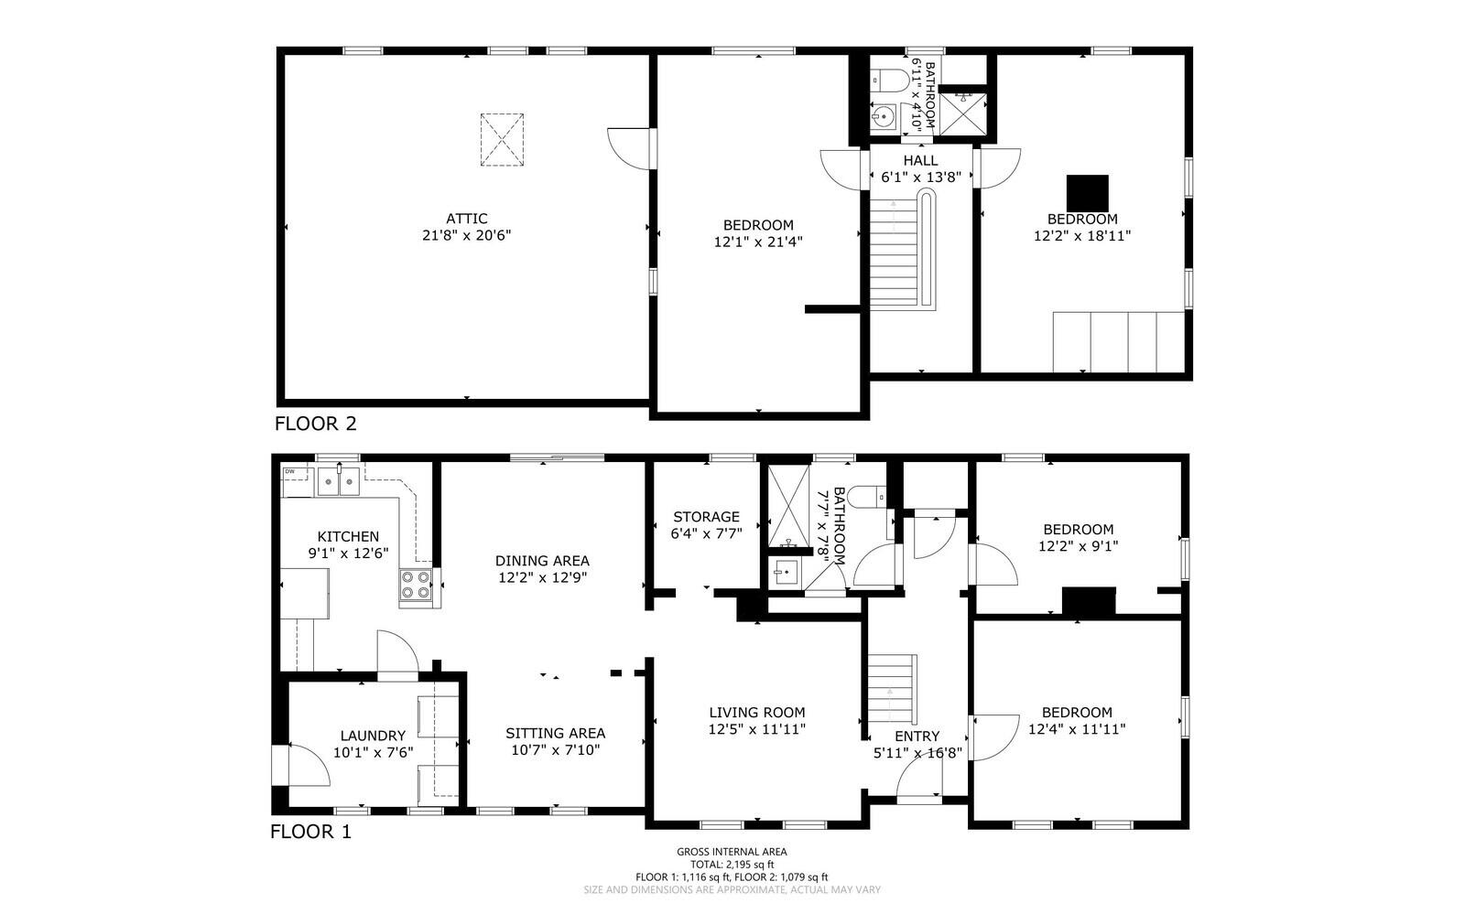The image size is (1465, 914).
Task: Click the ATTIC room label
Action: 466,219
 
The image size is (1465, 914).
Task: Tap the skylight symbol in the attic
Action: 502,140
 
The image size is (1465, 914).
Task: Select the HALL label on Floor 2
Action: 920,160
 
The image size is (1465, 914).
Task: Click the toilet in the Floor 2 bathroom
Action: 889,81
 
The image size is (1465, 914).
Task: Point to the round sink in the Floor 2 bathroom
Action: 883,117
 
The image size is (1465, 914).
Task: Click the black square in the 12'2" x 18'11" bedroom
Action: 1087,193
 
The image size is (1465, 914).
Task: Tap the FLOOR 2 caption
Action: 315,424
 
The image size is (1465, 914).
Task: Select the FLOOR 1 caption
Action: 310,832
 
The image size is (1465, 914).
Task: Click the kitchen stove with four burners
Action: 416,585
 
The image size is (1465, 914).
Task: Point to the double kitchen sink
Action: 338,481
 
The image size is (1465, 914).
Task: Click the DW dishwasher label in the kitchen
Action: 289,471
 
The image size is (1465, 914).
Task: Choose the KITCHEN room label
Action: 348,536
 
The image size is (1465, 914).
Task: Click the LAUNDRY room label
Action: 373,736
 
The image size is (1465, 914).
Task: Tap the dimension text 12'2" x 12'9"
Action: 542,577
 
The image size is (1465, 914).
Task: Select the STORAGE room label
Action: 706,516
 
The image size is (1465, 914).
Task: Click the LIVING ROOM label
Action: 756,712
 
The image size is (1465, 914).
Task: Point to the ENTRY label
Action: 917,737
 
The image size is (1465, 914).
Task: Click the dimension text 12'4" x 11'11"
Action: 1077,729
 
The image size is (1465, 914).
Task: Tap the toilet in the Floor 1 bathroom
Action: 867,497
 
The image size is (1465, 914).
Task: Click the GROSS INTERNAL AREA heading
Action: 732,851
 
